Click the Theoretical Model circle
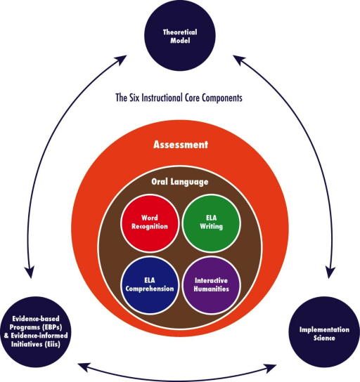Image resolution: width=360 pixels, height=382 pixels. point(180,36)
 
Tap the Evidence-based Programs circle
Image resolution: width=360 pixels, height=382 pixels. point(36,332)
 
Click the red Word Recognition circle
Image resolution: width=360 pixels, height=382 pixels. point(150,223)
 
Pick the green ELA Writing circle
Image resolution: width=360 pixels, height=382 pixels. point(211,223)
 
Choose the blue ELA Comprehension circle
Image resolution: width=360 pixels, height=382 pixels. point(150,285)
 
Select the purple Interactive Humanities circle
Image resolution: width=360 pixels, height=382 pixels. point(211,285)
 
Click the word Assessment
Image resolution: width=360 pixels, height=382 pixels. point(181,145)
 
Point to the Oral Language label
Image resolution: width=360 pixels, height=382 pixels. point(180,182)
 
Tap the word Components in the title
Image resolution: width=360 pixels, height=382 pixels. point(222,98)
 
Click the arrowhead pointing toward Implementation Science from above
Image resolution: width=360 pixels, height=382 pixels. point(330,272)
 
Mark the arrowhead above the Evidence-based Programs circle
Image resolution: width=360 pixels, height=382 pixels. point(30,272)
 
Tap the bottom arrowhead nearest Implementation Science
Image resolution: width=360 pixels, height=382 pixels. point(271,368)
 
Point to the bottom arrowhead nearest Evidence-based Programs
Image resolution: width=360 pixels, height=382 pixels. point(84,367)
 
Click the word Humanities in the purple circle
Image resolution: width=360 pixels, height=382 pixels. point(212,289)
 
